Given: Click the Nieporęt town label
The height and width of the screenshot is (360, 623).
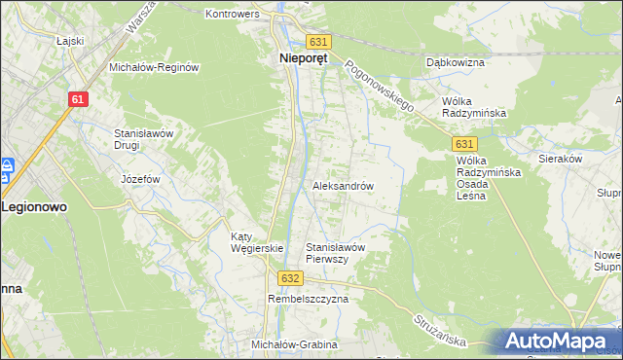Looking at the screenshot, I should click(x=297, y=58).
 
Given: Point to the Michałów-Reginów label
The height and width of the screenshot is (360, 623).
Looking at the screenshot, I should click(x=154, y=67).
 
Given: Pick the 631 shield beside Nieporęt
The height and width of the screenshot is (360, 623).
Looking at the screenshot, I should click(x=318, y=42).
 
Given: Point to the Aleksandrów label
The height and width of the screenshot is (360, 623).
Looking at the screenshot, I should click(x=343, y=185).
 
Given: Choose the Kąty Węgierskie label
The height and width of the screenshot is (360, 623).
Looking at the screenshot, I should click(x=255, y=242).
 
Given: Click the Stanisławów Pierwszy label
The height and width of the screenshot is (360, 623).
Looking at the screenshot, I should click(x=335, y=253).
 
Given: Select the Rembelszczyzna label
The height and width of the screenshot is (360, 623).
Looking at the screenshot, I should click(x=308, y=300).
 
